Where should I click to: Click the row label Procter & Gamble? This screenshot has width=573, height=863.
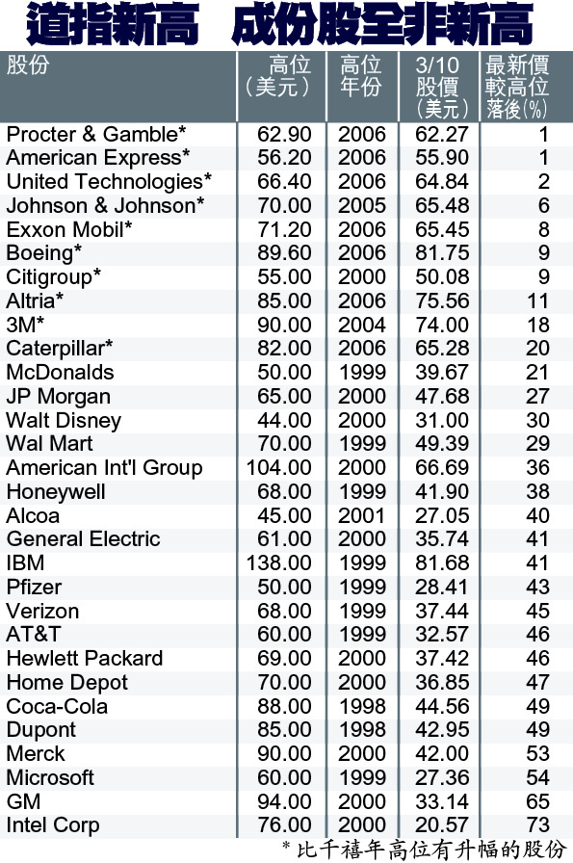coord(95,134)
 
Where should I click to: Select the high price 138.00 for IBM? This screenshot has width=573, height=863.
coord(278,563)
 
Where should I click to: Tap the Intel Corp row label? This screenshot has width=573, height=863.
coord(53,825)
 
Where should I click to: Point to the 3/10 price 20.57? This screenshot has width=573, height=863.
coord(441,825)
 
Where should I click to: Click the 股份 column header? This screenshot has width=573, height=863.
coord(28,65)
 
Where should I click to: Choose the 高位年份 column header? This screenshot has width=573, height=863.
coord(361,76)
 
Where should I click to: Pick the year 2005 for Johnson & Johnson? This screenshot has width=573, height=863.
coord(362,205)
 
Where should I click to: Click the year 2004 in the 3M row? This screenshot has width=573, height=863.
coord(362,325)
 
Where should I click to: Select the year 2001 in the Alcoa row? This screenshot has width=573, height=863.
coord(362,515)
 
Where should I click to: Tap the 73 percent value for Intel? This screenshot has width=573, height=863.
coord(537,825)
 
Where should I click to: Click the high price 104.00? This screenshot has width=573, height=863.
coord(278,468)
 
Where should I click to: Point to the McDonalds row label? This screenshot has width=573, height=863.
coord(60,373)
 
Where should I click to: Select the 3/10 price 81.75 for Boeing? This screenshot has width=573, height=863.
coord(441,253)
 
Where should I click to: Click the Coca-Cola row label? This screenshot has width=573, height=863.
coord(57,707)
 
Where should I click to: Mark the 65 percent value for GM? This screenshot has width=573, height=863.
coord(537,801)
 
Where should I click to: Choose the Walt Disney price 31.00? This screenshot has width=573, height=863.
coord(441,421)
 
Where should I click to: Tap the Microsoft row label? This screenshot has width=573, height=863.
coord(50,777)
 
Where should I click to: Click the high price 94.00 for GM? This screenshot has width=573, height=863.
coord(284,801)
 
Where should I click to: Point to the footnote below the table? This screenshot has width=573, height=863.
coord(424,850)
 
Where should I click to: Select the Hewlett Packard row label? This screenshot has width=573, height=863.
coord(84,658)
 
